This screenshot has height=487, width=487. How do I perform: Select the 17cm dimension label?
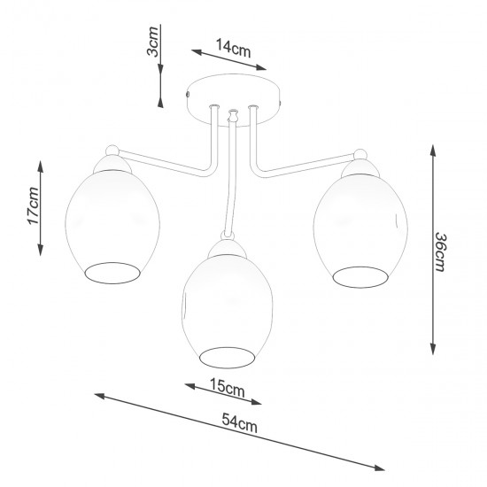[32, 206]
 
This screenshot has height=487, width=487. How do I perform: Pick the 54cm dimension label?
[240, 426]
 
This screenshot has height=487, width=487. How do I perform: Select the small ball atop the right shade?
[359, 153]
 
